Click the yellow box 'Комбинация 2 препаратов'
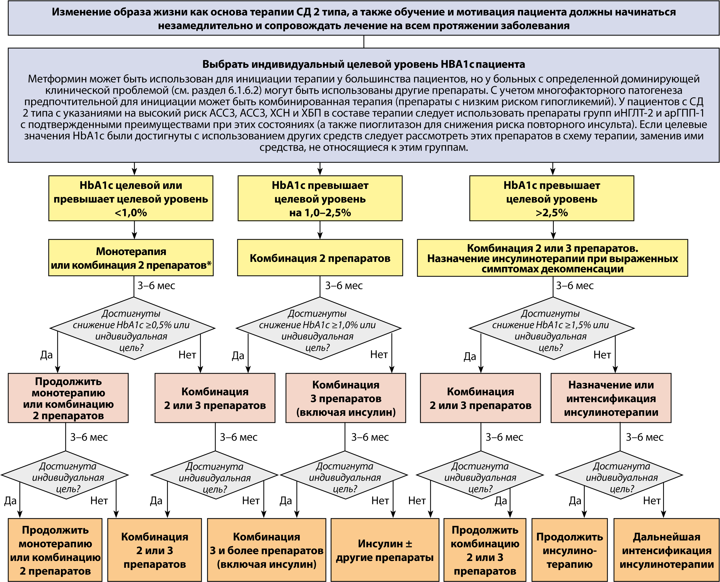point(320,258)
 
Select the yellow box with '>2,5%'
point(551,198)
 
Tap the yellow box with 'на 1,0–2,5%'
point(320,198)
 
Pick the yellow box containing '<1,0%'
point(131,198)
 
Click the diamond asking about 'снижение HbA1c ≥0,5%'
point(132,328)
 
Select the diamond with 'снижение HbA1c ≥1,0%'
point(318,328)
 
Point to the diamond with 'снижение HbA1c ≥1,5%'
point(552,328)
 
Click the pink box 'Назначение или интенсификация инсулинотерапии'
point(611,398)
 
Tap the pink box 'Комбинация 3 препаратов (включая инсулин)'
point(346,398)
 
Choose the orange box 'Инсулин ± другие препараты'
point(385,550)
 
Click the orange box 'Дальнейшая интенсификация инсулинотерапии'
point(666,550)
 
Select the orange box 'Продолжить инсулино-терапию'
point(569,550)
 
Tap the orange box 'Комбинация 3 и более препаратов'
point(267,550)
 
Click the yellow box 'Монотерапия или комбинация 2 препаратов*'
point(131,258)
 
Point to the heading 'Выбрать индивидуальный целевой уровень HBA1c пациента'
point(364,64)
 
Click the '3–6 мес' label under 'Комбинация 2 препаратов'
point(344,286)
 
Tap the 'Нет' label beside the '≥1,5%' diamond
point(602,355)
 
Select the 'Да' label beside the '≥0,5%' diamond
point(46,355)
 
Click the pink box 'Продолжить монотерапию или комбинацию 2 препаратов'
point(68,398)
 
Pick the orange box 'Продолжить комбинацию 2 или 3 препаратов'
point(485,550)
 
